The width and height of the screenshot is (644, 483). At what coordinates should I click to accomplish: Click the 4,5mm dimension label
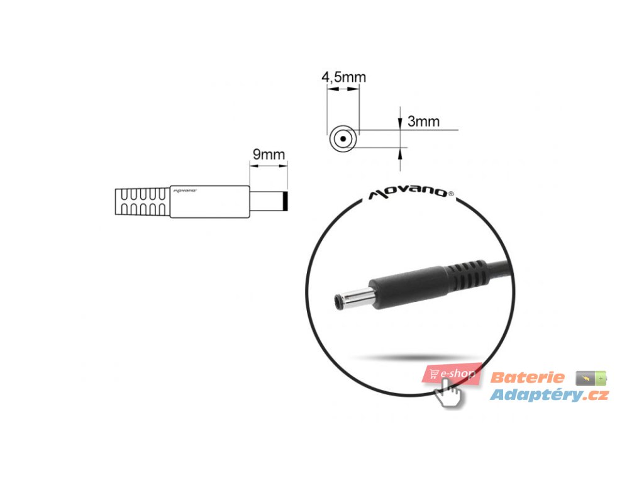point(343,77)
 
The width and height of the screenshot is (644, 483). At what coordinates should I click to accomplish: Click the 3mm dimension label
point(423,121)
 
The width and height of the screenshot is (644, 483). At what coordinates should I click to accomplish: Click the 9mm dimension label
point(269,155)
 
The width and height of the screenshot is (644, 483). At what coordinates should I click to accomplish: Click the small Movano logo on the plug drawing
point(184,189)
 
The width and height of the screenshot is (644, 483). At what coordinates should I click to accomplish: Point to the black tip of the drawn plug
point(287,202)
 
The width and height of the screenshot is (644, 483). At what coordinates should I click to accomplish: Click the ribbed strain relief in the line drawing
point(142,201)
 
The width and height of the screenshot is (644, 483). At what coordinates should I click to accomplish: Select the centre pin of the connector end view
point(343,138)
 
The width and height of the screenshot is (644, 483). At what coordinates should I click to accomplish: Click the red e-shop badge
point(452,374)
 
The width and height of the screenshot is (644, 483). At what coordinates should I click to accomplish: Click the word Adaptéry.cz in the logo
point(549,395)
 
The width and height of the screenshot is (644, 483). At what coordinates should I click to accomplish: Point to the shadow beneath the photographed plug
point(409,357)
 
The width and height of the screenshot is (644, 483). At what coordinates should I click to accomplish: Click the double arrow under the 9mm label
point(269,166)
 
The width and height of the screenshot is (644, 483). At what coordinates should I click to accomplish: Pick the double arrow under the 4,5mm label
point(343,90)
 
